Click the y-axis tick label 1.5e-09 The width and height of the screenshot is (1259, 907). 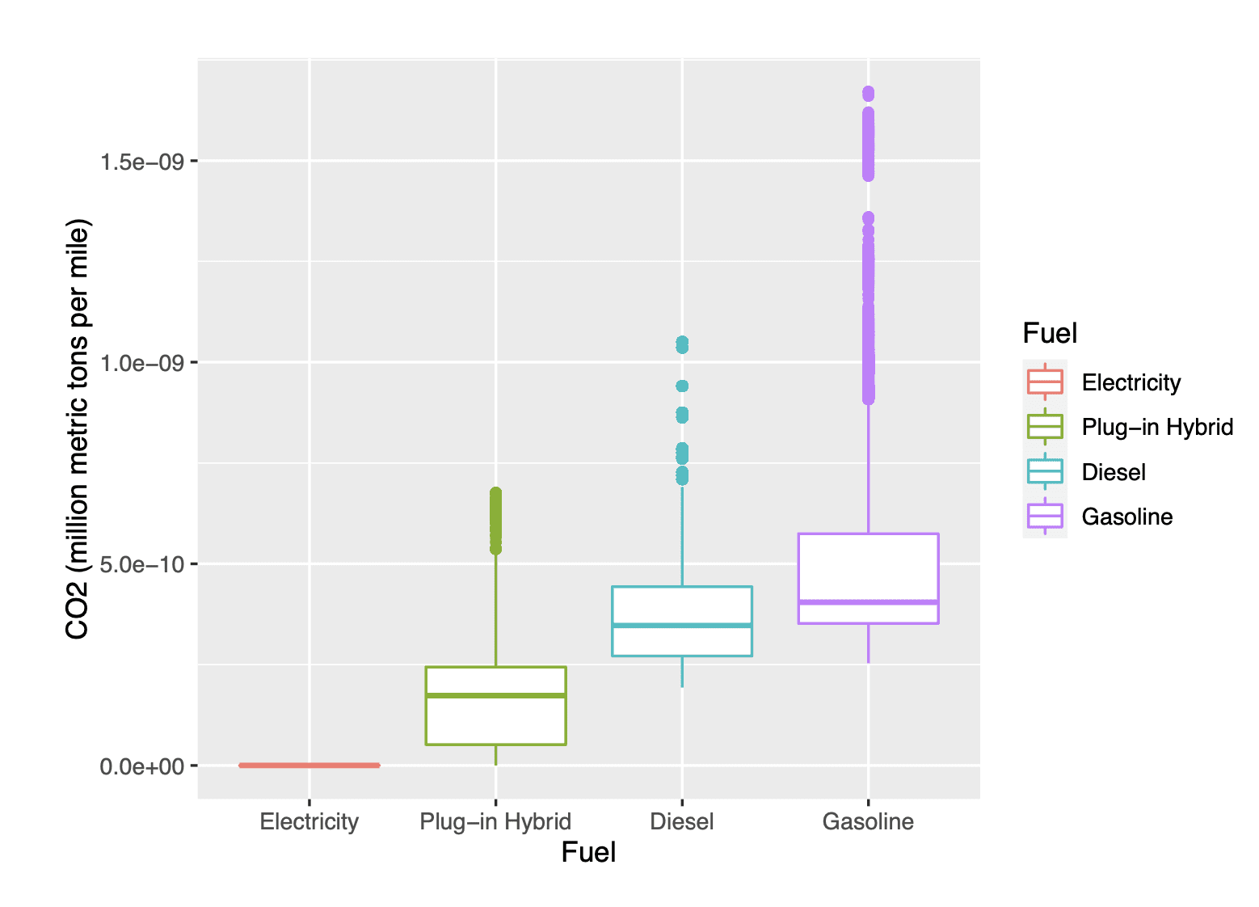point(137,162)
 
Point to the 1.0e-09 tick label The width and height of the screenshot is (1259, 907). point(137,363)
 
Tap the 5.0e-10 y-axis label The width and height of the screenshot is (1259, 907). point(137,564)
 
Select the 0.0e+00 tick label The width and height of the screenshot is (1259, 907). point(137,766)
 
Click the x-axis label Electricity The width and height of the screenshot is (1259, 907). point(309,822)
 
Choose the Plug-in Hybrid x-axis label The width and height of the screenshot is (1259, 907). point(495,822)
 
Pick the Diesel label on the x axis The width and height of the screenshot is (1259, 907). point(682,822)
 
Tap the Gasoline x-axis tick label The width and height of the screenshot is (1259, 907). point(868,822)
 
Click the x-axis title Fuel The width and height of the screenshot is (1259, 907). point(588,853)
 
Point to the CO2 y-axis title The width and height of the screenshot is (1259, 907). point(78,428)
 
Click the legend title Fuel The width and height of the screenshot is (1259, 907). point(1050,333)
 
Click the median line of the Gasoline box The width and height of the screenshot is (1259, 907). point(868,602)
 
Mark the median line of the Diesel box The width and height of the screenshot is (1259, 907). point(682,625)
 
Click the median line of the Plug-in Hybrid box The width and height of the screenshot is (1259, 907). point(495,695)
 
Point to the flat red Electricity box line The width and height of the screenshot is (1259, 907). point(309,765)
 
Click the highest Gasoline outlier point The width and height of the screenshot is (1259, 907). point(868,93)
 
